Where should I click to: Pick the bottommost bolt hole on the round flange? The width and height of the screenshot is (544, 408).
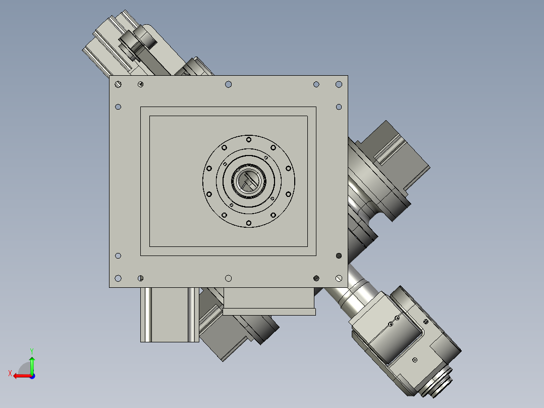248,223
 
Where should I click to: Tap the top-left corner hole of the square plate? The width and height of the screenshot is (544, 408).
118,84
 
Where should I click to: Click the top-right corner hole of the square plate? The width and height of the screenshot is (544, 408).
339,84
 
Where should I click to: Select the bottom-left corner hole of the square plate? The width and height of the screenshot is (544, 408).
118,278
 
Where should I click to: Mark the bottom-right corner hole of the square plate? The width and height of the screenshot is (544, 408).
339,278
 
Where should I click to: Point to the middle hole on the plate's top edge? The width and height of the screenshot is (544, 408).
228,84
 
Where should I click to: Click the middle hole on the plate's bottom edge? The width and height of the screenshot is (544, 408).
228,278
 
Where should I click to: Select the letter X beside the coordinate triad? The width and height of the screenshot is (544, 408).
10,373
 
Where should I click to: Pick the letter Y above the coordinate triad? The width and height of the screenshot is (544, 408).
31,350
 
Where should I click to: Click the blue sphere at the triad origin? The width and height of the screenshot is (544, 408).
32,376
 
